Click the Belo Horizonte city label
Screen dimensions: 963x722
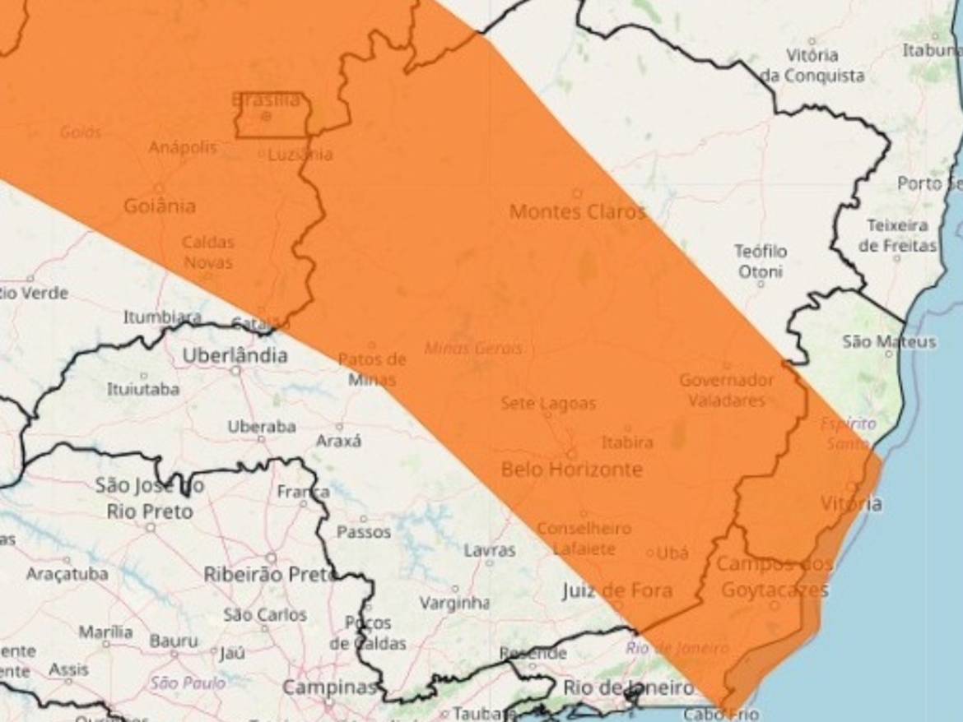[x=572, y=470]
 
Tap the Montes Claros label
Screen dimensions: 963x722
[x=578, y=212]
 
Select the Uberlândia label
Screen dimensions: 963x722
[x=235, y=355]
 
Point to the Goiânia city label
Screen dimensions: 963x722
[x=160, y=206]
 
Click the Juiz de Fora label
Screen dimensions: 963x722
[x=617, y=590]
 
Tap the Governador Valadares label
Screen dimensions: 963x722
[x=726, y=391]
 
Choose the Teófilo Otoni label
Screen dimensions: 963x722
[x=760, y=261]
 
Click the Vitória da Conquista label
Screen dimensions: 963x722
[x=812, y=66]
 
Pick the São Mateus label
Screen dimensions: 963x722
[x=889, y=341]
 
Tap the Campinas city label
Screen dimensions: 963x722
[x=329, y=687]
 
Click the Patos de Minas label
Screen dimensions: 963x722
[x=372, y=369]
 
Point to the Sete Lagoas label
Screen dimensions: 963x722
[x=548, y=404]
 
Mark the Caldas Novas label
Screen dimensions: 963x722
[x=207, y=252]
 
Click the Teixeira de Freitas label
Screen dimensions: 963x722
[x=897, y=235]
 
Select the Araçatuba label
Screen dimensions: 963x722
[x=67, y=574]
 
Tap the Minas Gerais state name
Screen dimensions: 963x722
[x=473, y=349]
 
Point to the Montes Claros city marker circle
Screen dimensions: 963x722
[x=577, y=194]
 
